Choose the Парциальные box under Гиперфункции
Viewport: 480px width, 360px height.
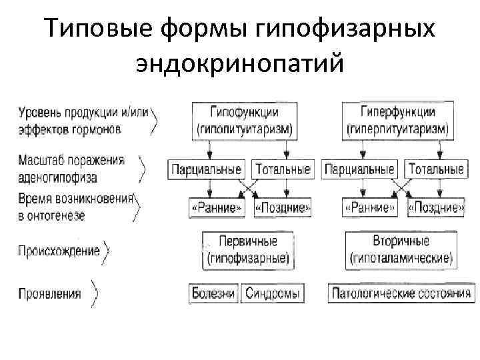tap(359, 169)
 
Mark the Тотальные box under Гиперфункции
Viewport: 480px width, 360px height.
tap(436, 169)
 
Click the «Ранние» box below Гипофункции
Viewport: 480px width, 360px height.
tap(217, 207)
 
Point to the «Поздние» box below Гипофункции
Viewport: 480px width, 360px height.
tap(283, 207)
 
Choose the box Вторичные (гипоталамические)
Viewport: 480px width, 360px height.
tap(401, 249)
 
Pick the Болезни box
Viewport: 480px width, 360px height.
tap(213, 293)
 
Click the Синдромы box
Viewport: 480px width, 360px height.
tap(272, 293)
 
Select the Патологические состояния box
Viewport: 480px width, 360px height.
tap(401, 293)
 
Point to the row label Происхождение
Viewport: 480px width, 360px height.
tap(59, 251)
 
